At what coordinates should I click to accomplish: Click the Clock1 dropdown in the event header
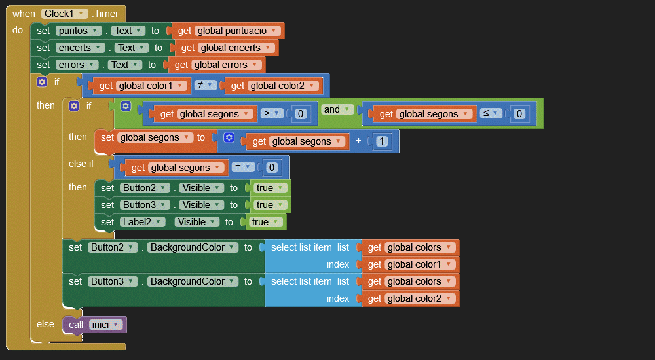click(64, 13)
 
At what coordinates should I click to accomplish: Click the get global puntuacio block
click(228, 31)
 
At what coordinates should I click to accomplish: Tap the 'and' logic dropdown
click(337, 109)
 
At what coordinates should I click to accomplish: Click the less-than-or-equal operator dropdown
click(491, 113)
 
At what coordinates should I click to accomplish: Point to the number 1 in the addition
click(381, 141)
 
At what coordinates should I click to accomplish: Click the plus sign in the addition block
click(358, 141)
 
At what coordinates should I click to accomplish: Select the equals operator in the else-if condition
click(242, 167)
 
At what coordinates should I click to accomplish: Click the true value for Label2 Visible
click(266, 222)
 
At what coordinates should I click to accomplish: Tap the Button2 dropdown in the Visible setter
click(144, 188)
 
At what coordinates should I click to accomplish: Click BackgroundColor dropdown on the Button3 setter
click(193, 281)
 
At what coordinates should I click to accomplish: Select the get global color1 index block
click(411, 264)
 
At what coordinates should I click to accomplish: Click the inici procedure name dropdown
click(105, 325)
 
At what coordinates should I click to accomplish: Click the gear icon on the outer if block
click(42, 82)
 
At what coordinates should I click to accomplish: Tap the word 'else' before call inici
click(45, 324)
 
